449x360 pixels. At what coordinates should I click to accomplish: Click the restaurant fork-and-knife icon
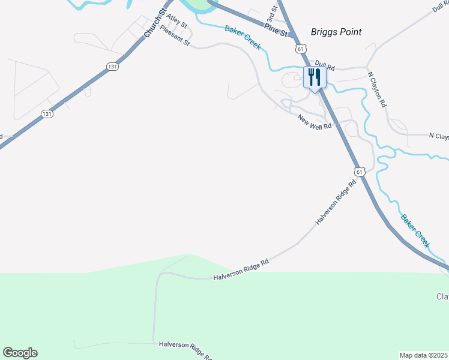pyautogui.click(x=315, y=77)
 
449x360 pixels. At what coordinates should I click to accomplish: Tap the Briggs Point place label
pyautogui.click(x=336, y=32)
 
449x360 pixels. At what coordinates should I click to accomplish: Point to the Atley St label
pyautogui.click(x=177, y=22)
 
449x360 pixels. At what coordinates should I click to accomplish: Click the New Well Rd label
pyautogui.click(x=315, y=121)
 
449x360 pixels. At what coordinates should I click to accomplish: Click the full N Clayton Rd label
pyautogui.click(x=377, y=89)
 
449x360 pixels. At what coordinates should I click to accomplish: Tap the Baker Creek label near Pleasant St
pyautogui.click(x=243, y=38)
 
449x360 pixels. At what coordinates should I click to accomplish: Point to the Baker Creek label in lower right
pyautogui.click(x=415, y=231)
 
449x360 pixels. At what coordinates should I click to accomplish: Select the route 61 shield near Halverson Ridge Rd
pyautogui.click(x=359, y=172)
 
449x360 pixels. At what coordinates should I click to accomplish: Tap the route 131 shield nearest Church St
pyautogui.click(x=112, y=67)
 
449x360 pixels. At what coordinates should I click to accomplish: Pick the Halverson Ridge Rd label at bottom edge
pyautogui.click(x=185, y=350)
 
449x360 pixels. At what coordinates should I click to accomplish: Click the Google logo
pyautogui.click(x=20, y=353)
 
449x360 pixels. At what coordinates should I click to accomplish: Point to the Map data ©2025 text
pyautogui.click(x=423, y=355)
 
